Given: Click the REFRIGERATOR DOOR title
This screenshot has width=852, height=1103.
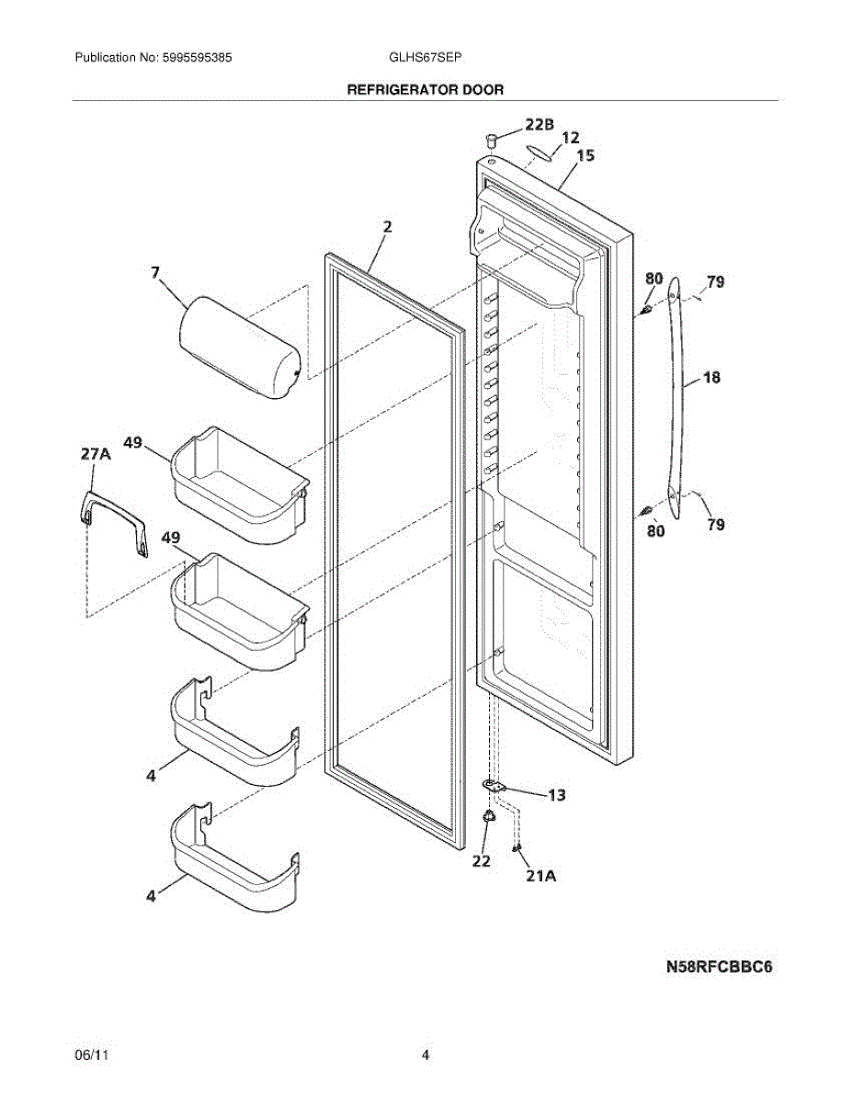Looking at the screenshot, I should coord(425,90).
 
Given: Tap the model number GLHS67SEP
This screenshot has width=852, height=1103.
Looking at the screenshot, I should coord(425,57).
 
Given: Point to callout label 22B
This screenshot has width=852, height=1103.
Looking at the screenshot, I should coord(540,124).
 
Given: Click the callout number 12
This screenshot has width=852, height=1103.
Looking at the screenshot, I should coord(570,138).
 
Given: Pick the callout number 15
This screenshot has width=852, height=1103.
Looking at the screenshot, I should coord(585,156).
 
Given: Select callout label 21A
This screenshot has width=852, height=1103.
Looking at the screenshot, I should coord(541,876).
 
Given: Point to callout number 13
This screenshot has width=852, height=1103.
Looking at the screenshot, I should coord(557,795).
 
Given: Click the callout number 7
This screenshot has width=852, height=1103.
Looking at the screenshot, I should coord(155,271).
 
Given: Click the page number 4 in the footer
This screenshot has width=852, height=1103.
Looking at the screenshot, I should coord(426,1056).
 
